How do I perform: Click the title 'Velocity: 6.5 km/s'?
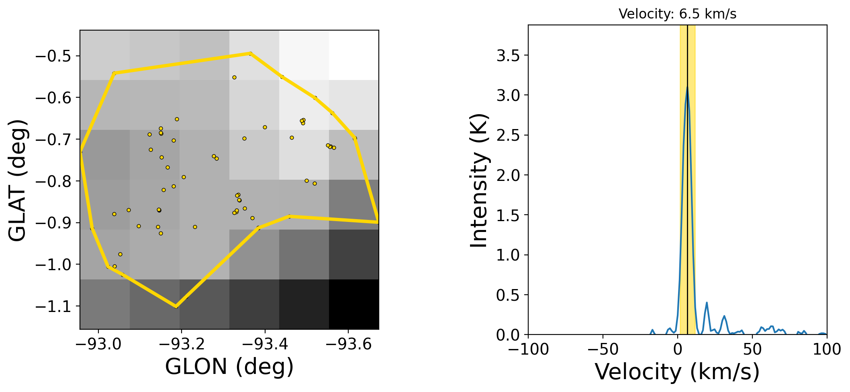coord(677,14)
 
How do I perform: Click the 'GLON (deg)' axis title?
coord(229,367)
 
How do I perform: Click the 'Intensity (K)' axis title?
coord(479,180)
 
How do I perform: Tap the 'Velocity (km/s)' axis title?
coord(677,372)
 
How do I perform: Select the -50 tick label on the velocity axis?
coord(603,349)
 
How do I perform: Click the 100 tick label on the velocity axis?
coord(827,349)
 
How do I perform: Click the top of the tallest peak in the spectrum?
coord(687,87)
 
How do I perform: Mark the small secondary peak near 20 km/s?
coord(707,302)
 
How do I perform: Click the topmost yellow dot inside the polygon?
coord(234,77)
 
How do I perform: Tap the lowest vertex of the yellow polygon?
coord(176,307)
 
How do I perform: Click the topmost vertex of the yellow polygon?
coord(250,53)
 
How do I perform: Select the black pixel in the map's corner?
coord(354,304)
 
